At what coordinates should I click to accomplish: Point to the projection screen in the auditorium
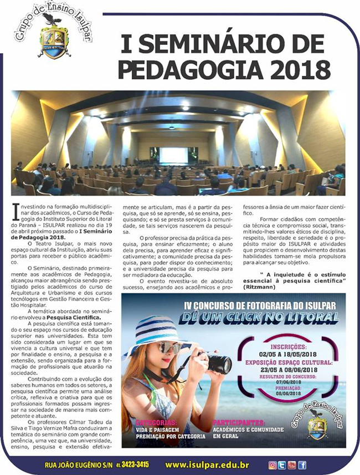coord(173,155)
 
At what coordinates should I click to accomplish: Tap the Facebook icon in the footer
coord(302,465)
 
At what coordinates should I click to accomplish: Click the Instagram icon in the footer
coord(272,465)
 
